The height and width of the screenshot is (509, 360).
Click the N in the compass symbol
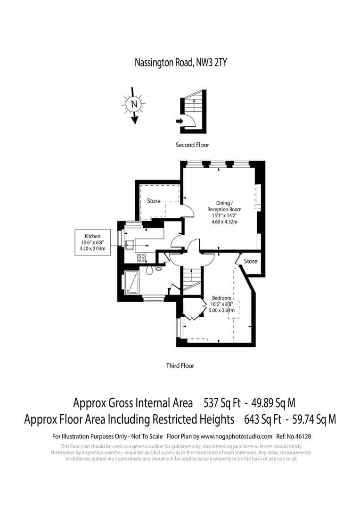[134, 103]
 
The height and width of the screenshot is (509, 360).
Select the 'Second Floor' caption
[192, 145]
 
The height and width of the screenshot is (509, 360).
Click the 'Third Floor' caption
[180, 366]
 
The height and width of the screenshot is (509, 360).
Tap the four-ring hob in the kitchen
[141, 258]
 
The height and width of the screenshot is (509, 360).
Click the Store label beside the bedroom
[251, 261]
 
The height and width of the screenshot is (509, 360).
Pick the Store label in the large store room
[154, 201]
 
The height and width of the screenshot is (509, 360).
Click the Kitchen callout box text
[92, 242]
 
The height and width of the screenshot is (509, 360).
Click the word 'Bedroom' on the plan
[221, 298]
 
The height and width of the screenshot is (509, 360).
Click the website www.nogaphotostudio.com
[239, 436]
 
